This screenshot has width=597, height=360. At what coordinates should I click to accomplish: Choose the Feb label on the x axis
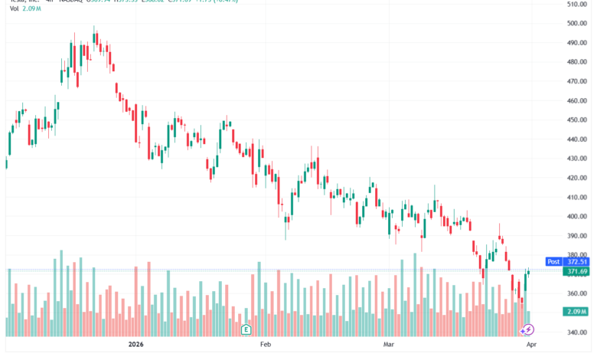(x=266, y=345)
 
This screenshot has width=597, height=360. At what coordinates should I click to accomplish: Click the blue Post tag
(x=553, y=261)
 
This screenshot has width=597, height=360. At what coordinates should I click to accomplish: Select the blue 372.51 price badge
(x=578, y=261)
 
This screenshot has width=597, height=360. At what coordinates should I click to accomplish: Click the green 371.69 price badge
(x=578, y=271)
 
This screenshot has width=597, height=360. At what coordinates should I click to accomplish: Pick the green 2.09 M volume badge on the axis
(x=578, y=312)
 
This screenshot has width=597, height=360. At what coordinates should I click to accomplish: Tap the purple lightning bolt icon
(x=528, y=329)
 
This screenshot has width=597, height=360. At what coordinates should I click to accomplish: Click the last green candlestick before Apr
(x=528, y=273)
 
